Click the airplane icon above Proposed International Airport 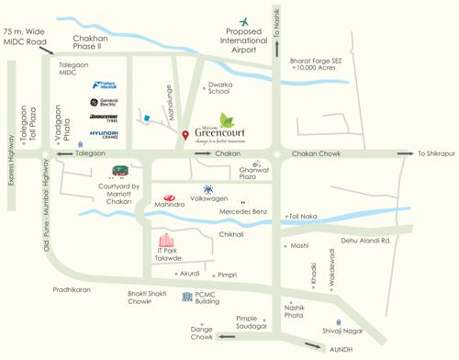click(245, 21)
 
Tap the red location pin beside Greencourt click(186, 136)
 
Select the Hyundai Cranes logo click(104, 136)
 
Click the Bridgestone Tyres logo click(104, 118)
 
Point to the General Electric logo click(104, 102)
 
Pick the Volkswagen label click(208, 198)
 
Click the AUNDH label click(341, 349)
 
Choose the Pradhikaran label click(72, 288)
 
